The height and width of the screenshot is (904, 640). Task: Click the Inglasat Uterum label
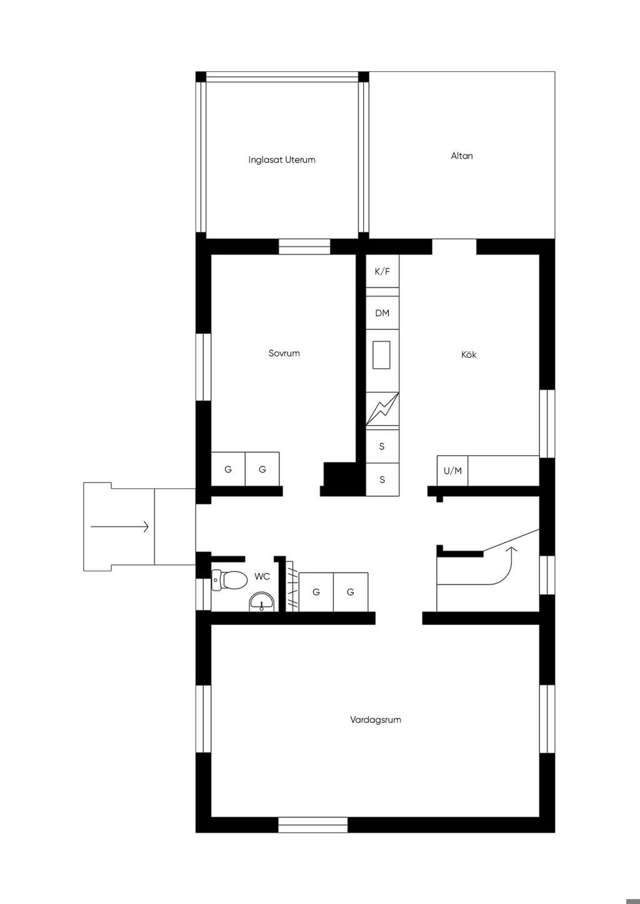pos(282,160)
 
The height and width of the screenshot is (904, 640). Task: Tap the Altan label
pos(462,156)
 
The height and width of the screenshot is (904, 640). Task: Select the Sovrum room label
pos(284,353)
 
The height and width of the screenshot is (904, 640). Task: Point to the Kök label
pos(469,355)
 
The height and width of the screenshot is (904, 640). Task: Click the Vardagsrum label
pos(376,720)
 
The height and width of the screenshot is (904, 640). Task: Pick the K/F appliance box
pos(382,271)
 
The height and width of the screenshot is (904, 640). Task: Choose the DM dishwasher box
pos(382,313)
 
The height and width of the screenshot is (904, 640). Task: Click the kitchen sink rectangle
pos(381,355)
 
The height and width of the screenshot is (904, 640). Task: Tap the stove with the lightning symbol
pos(382,409)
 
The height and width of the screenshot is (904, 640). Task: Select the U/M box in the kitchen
pos(452,471)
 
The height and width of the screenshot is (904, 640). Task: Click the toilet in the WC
pos(229,580)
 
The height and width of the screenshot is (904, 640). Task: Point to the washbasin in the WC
pos(262,602)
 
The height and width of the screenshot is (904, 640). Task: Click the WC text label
pos(262,577)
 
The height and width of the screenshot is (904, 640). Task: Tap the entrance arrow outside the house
pos(119,527)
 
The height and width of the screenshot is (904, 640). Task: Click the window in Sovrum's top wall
pos(304,247)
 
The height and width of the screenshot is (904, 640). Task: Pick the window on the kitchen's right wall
pos(547,423)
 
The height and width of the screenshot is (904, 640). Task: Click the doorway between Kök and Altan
pos(454,247)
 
